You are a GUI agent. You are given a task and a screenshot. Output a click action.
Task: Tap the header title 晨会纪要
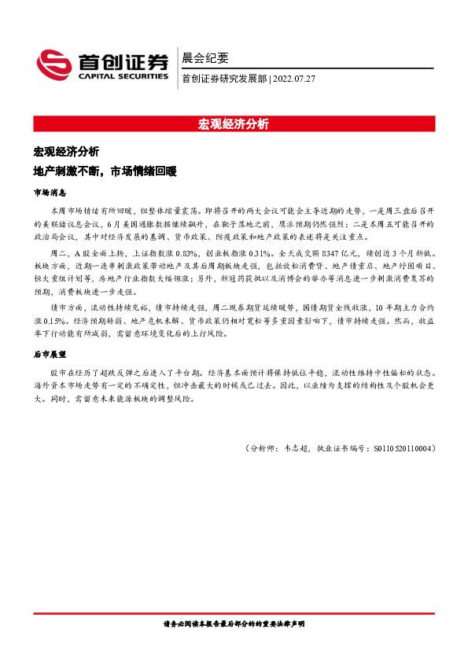point(205,58)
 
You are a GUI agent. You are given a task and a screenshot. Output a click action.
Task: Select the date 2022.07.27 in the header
point(293,79)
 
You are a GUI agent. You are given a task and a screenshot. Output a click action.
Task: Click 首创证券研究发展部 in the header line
point(224,79)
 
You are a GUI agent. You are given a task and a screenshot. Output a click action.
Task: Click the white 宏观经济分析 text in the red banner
point(234,123)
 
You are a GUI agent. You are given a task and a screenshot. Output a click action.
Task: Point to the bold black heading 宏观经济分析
point(66,152)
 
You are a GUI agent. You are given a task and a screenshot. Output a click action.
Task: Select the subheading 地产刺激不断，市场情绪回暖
point(105,171)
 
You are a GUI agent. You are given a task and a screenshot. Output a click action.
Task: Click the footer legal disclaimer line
point(234,623)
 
